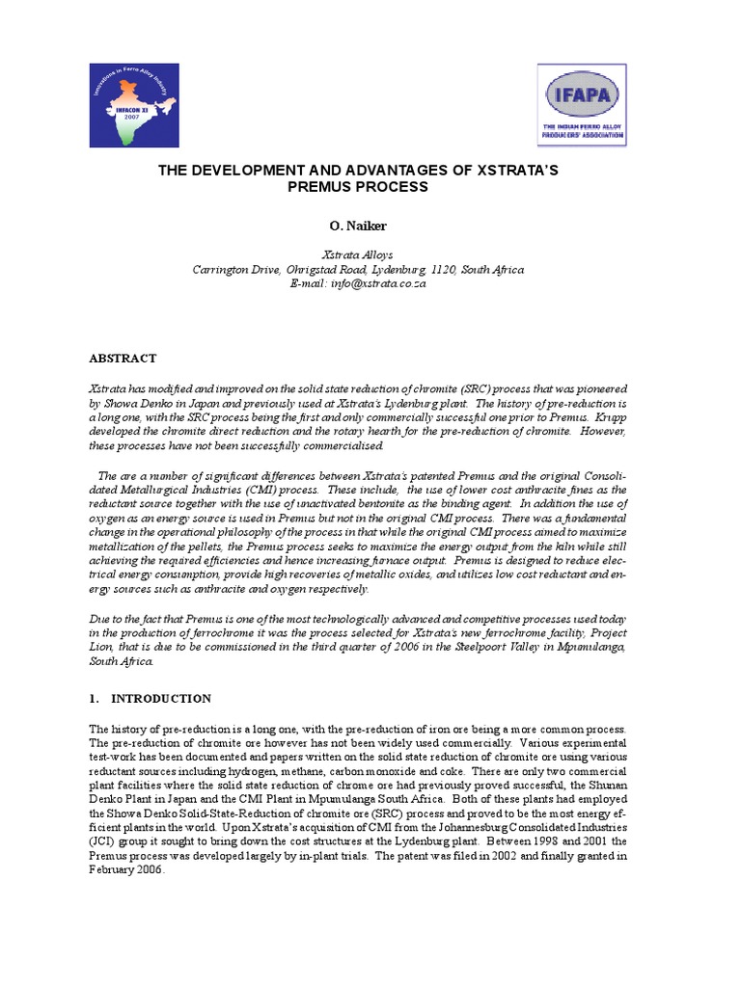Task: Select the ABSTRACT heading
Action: click(x=123, y=359)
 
